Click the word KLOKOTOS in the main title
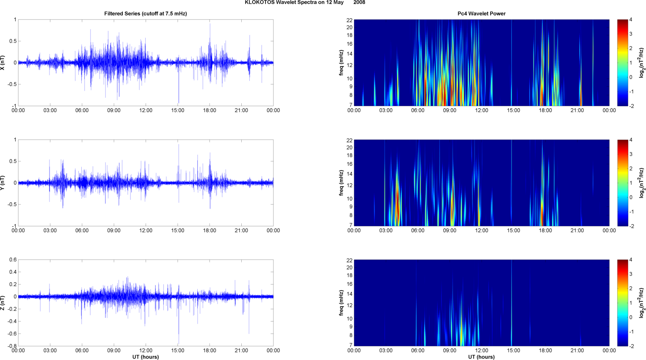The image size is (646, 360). coord(260,3)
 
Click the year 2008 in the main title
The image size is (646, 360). coord(359,3)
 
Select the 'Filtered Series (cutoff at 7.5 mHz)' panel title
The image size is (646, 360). coord(146,14)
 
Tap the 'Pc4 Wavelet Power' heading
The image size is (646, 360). coord(481,14)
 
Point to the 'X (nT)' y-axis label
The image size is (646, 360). coord(3,63)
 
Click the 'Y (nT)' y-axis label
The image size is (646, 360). coord(3,183)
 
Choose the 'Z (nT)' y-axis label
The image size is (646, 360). coord(3,303)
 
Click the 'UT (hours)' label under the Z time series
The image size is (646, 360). coord(146,357)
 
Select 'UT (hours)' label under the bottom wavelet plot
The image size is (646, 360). coord(481,357)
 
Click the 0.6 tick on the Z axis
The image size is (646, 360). coord(13,260)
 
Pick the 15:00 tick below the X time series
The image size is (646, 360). coord(178,110)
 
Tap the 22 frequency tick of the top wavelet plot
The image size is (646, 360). coord(350,20)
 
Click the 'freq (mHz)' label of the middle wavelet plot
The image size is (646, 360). coord(341,183)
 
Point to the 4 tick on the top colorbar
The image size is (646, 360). coord(631,20)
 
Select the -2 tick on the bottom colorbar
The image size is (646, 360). coord(631,346)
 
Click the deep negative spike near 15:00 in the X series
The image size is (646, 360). coord(179,102)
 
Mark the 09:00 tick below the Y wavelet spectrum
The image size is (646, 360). coord(450,231)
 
